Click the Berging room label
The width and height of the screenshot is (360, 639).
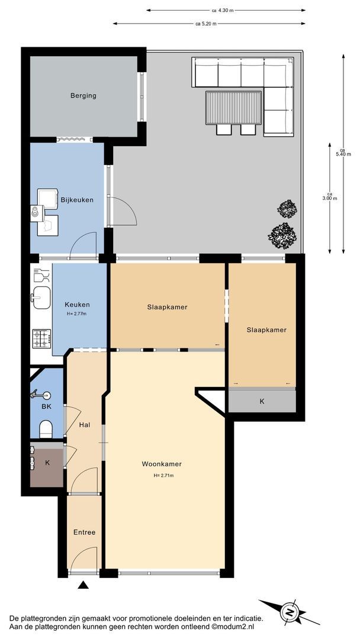point(83,96)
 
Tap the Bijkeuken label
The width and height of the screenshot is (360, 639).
point(77,200)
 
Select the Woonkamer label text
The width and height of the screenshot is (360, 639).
point(162,464)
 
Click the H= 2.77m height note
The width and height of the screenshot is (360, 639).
point(76,314)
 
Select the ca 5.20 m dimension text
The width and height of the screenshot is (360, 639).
point(206,24)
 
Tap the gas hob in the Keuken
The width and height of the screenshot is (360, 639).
point(41,338)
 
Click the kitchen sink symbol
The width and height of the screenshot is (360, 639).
point(41,298)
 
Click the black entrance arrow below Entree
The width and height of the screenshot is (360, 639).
point(83,585)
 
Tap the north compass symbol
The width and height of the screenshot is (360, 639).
point(290,612)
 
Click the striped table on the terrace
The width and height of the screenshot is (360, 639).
point(234,108)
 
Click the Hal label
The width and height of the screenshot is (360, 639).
point(85,425)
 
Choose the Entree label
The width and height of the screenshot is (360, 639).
point(85,532)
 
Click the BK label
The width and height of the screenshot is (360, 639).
point(46,406)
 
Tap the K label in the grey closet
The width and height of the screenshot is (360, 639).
point(262,401)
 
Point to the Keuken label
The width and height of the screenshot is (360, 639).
point(77,305)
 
